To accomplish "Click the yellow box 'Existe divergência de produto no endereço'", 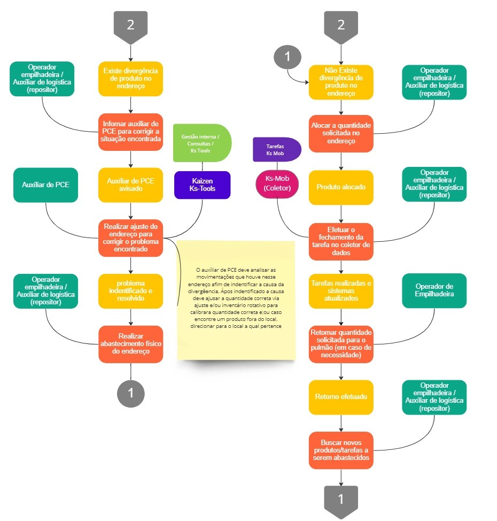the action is pyautogui.click(x=130, y=79).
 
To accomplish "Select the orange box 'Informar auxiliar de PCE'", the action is pyautogui.click(x=130, y=132).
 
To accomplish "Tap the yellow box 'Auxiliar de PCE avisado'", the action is pyautogui.click(x=130, y=185).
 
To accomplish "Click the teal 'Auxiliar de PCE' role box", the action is pyautogui.click(x=45, y=185).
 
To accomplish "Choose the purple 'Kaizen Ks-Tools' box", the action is pyautogui.click(x=202, y=185).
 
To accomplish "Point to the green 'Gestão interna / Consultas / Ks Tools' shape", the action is pyautogui.click(x=202, y=143).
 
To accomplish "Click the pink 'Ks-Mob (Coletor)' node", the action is pyautogui.click(x=277, y=184).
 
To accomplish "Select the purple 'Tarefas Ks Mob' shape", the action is pyautogui.click(x=277, y=150).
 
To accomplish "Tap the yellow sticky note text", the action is pyautogui.click(x=236, y=298).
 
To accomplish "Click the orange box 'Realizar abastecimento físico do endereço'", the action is pyautogui.click(x=130, y=344).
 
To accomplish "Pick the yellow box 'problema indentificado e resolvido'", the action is pyautogui.click(x=130, y=291).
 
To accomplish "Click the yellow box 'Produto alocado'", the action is pyautogui.click(x=341, y=187).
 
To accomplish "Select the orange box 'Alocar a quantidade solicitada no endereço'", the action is pyautogui.click(x=341, y=134).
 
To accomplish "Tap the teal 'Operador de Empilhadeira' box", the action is pyautogui.click(x=434, y=291).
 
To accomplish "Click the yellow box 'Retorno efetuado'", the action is pyautogui.click(x=341, y=397).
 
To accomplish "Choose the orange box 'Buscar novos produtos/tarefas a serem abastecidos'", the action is pyautogui.click(x=341, y=450).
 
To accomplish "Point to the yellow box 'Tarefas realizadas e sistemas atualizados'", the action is pyautogui.click(x=341, y=291).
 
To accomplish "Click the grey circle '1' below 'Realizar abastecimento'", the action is pyautogui.click(x=131, y=393).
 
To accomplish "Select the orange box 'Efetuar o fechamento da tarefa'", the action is pyautogui.click(x=341, y=242).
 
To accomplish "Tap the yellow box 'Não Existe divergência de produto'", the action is pyautogui.click(x=341, y=82).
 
